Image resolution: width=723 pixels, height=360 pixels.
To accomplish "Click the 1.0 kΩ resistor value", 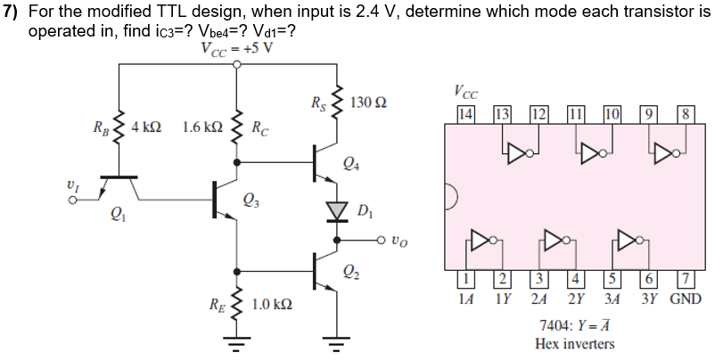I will coord(273,306).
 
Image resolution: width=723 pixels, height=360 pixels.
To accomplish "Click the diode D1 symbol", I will coord(336,210).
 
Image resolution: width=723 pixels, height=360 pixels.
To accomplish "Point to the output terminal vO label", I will coord(403,240).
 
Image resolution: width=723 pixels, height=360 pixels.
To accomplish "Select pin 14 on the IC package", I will coord(465,113).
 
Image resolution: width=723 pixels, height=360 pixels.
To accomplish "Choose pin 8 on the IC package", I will coord(684,113).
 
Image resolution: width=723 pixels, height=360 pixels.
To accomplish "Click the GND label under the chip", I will coord(686,299).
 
